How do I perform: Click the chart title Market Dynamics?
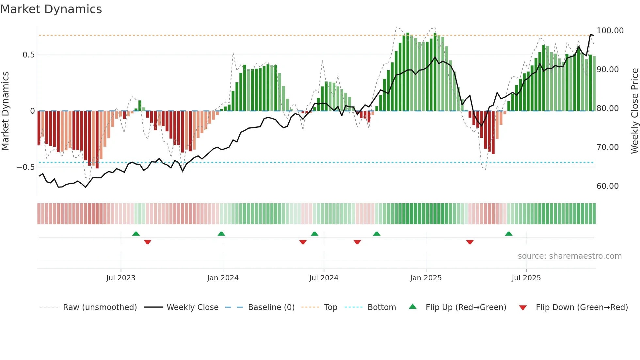tap(51, 9)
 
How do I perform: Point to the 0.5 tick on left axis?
tap(28, 55)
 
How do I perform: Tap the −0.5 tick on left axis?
tap(25, 167)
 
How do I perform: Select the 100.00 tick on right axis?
tap(610, 31)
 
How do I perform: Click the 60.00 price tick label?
tap(607, 186)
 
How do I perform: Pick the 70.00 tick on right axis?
tap(607, 147)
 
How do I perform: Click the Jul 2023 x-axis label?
tap(120, 278)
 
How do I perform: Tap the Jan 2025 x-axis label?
tap(425, 278)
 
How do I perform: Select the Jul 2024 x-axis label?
tap(323, 278)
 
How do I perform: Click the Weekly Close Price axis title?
tap(634, 111)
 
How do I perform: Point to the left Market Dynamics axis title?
tap(5, 111)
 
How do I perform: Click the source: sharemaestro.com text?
tap(569, 256)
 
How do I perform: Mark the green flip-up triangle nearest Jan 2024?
tap(221, 234)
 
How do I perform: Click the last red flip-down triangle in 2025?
tap(470, 242)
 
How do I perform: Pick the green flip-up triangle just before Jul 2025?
tap(508, 234)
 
